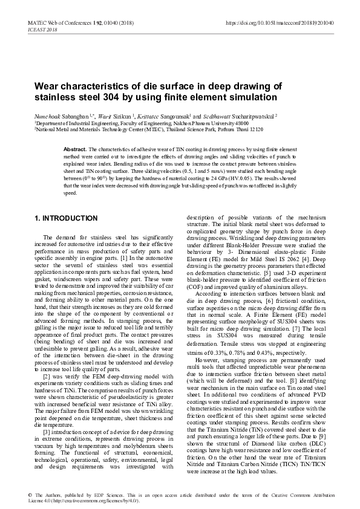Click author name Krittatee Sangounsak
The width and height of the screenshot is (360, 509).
coord(183,115)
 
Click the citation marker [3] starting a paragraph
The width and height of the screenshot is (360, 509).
coord(47,413)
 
